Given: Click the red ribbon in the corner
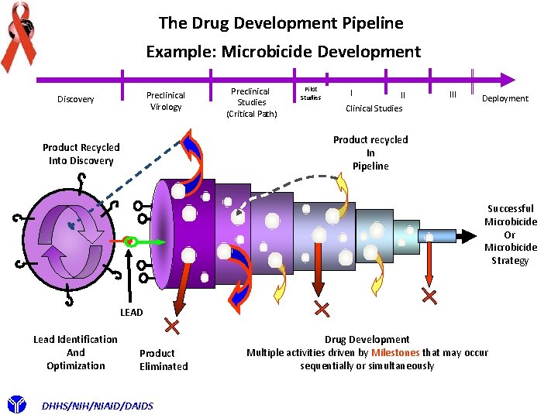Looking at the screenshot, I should point(19,35).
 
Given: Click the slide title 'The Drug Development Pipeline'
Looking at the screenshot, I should point(281,23).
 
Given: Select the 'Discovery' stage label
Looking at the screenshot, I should point(76,99).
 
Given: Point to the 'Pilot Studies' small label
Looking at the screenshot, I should point(311,94).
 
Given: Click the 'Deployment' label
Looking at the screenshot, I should point(505,98).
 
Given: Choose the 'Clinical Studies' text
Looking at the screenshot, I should point(374,108).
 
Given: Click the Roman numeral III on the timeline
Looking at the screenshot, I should point(453,94).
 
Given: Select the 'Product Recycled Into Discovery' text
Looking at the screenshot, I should point(81,154).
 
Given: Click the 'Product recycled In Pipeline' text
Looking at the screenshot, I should point(370,152).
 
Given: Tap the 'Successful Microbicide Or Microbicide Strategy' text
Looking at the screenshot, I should point(510,235).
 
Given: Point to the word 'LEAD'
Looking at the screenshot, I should point(132,312).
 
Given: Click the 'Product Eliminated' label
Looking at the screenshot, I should point(164,360).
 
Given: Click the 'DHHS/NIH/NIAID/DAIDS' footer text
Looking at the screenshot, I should point(98,406).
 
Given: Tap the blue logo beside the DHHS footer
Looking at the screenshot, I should point(17,404).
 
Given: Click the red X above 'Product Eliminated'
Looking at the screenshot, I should point(172,327).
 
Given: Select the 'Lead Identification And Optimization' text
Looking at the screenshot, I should point(75,352).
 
